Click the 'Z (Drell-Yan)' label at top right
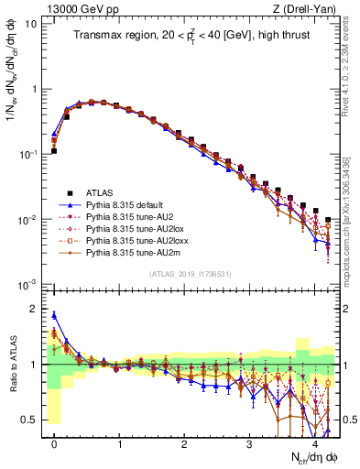[x=308, y=8]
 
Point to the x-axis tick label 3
[x=249, y=443]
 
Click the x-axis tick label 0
[x=54, y=443]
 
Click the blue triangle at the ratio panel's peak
[x=54, y=315]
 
